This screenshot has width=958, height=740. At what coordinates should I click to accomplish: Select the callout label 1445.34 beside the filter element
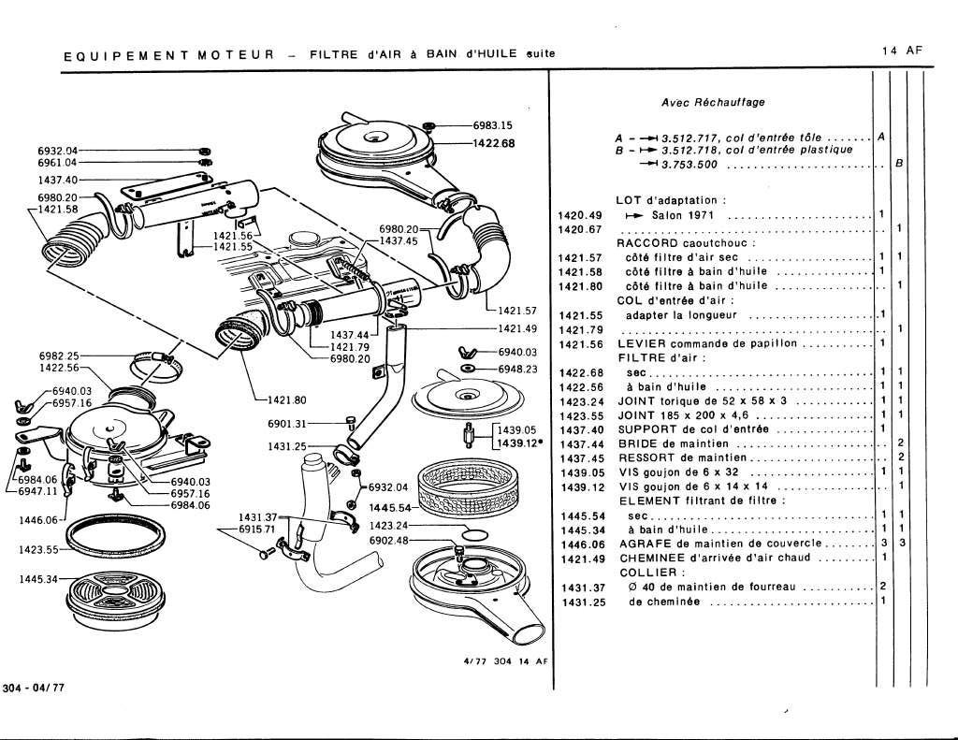tap(38, 579)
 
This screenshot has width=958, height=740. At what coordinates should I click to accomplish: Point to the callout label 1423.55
tap(38, 549)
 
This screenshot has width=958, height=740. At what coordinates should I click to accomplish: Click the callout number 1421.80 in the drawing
tap(288, 399)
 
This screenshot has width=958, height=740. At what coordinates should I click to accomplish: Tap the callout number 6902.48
tap(389, 540)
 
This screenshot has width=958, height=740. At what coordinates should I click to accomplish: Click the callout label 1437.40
tap(57, 179)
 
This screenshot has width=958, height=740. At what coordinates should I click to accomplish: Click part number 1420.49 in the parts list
tap(578, 215)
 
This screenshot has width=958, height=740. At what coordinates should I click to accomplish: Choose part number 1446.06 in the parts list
tap(578, 544)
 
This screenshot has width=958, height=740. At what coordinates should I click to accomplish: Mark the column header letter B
tap(898, 165)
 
